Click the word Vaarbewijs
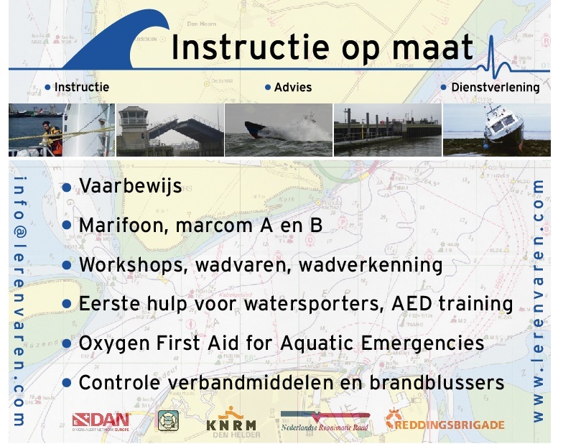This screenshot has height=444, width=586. (x=131, y=186)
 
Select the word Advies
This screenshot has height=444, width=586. (x=293, y=87)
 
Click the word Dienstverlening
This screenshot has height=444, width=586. (x=496, y=87)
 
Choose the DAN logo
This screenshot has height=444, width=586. (x=101, y=422)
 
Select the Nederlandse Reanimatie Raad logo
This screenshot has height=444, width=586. (x=325, y=422)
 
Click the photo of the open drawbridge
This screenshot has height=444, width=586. (x=170, y=130)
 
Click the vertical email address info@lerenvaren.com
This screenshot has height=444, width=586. (x=19, y=301)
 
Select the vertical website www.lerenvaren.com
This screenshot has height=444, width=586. (x=538, y=301)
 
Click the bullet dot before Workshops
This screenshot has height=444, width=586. (x=67, y=265)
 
